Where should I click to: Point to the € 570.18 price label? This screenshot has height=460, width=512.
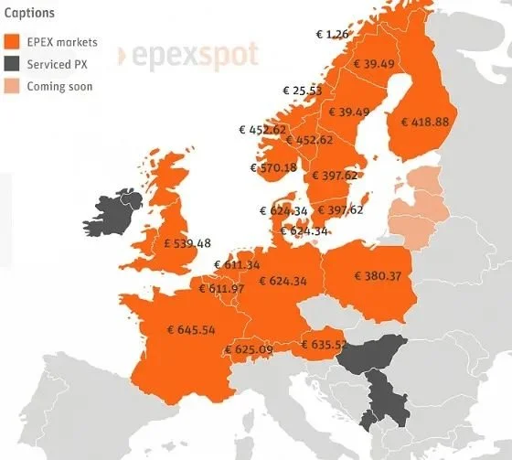273,167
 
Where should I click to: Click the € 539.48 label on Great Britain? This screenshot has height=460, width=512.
187,243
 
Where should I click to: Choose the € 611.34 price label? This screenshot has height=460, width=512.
237,265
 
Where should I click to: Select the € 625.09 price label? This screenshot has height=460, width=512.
248,348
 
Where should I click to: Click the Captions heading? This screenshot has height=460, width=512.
29,14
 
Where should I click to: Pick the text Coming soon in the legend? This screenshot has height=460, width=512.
59,86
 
